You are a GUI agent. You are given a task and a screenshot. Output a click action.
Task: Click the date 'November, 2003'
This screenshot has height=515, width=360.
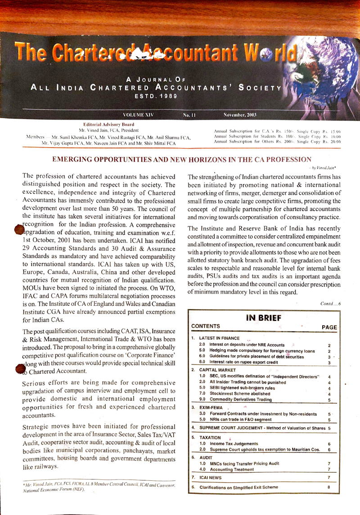click(239, 115)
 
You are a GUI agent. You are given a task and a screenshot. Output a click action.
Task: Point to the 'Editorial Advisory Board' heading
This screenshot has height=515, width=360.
click(107, 124)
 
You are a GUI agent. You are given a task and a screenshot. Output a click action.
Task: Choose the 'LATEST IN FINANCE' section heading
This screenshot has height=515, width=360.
click(219, 338)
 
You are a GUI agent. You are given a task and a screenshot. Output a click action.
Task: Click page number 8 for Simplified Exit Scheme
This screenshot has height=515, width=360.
click(329, 487)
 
